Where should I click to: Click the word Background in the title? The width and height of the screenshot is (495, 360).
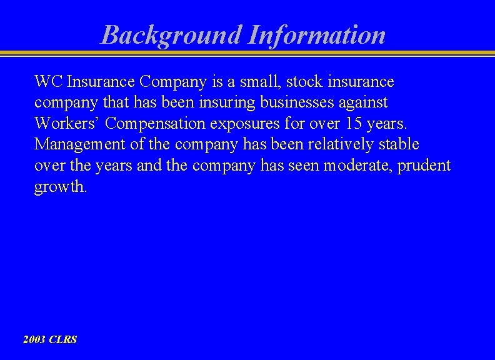coord(171,35)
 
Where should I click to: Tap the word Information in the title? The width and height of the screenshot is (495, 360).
coord(316,35)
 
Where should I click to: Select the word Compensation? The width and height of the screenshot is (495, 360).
coord(159,124)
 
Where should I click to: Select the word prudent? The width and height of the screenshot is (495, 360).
coord(427,166)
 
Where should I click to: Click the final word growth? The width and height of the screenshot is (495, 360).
coord(59,187)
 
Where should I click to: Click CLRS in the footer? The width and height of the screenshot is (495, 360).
coord(64,340)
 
